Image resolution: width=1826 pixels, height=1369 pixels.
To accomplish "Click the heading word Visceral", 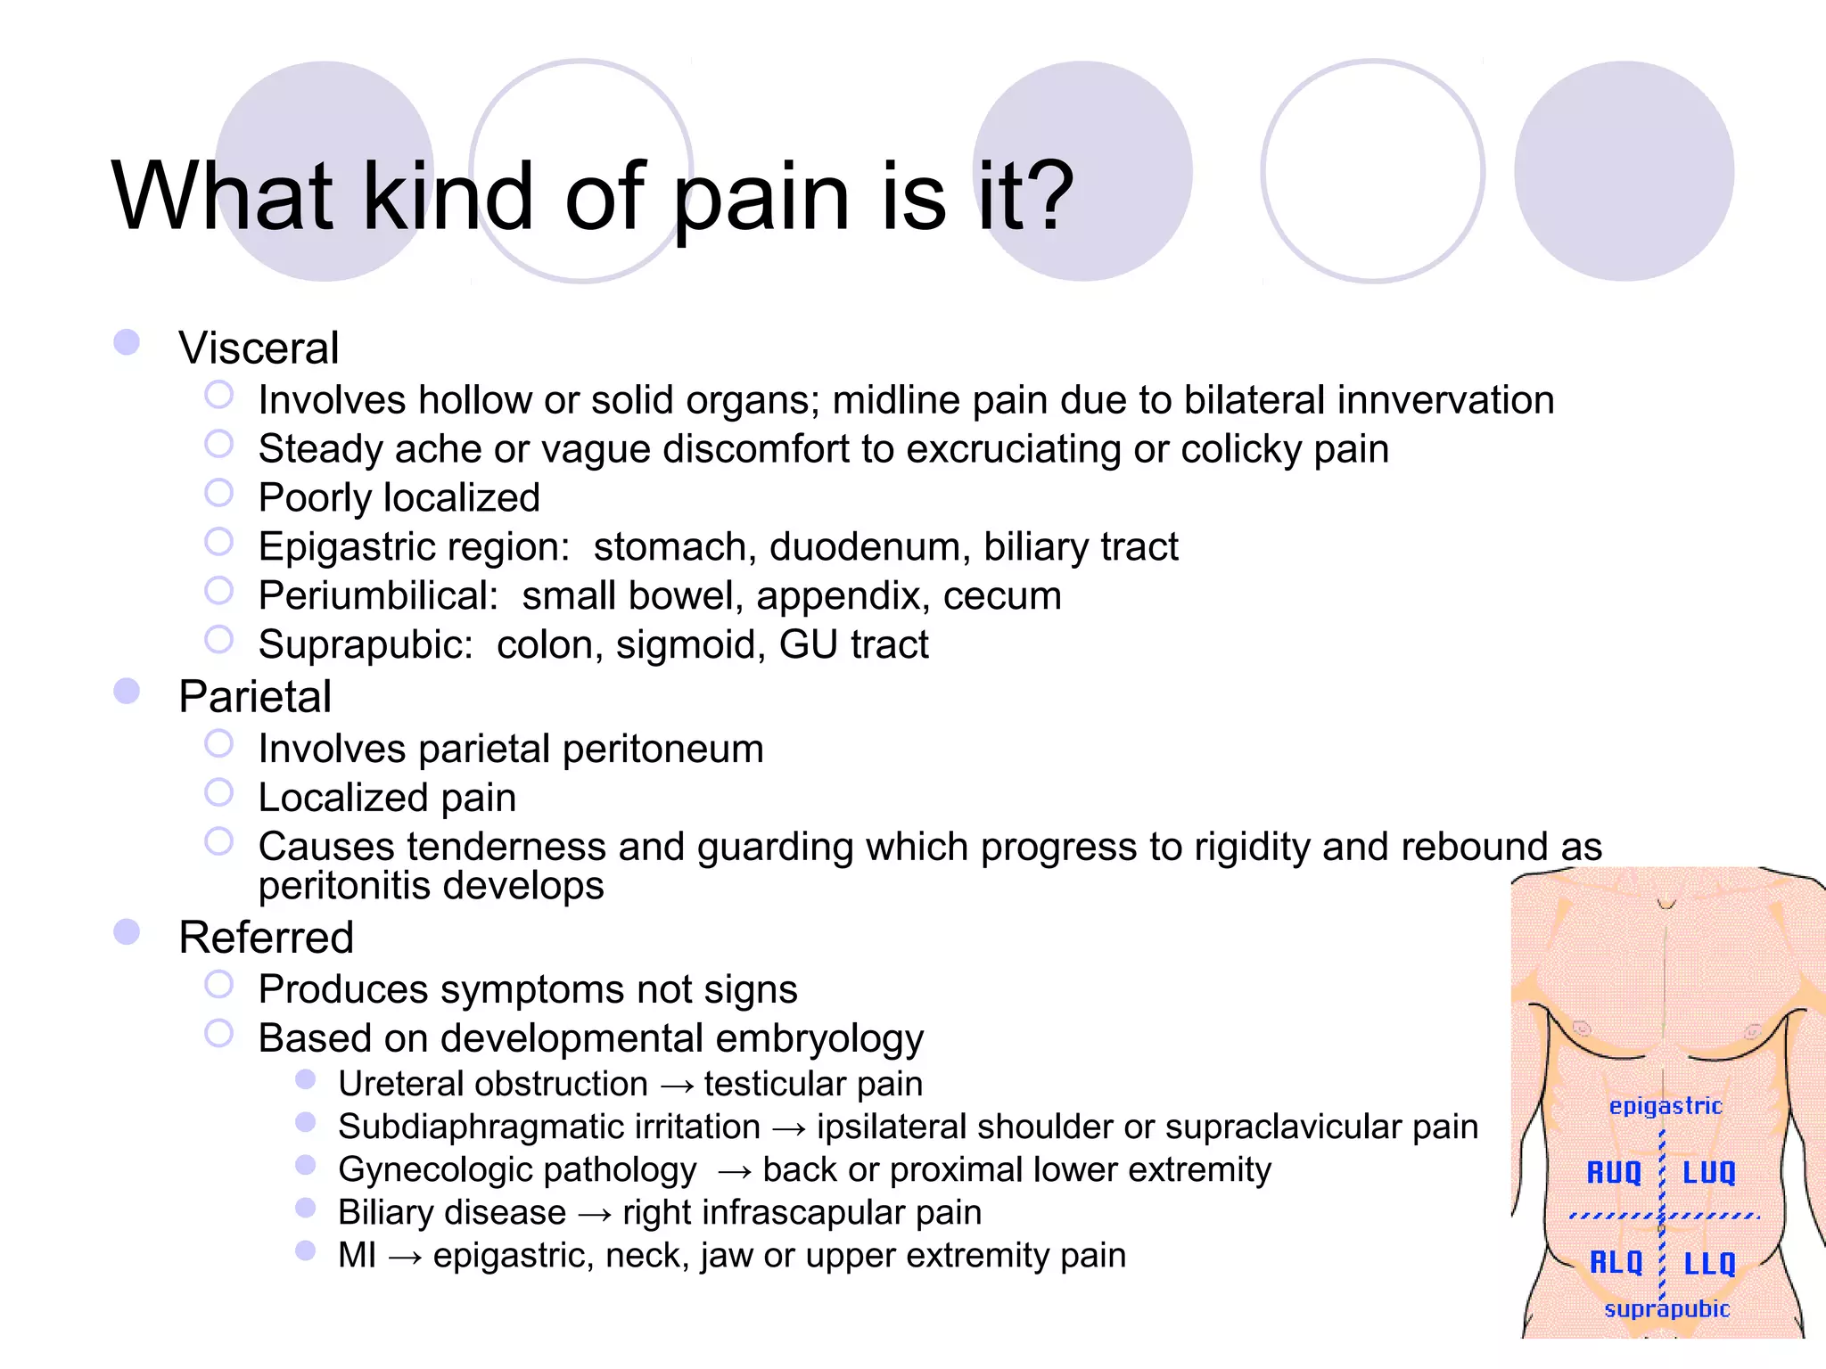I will (x=259, y=348).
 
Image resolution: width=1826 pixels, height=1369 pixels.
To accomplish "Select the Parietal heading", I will (x=255, y=696).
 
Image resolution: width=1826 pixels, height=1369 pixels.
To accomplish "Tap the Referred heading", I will (x=266, y=938).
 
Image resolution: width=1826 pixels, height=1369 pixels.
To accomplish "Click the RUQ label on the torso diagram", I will (x=1614, y=1172).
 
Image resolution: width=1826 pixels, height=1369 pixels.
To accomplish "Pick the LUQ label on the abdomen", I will (x=1709, y=1172).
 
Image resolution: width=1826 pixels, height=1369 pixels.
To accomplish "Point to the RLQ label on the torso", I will (x=1616, y=1262).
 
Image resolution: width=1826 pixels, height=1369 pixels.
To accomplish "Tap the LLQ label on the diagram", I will (x=1710, y=1263).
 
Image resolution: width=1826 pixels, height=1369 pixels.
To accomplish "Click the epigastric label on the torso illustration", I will (x=1666, y=1106).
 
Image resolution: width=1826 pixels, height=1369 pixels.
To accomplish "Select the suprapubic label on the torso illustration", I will (x=1666, y=1308).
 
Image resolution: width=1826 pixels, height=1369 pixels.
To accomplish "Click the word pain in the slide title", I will (x=761, y=198).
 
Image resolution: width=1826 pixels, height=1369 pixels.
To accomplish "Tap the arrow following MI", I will (x=405, y=1257).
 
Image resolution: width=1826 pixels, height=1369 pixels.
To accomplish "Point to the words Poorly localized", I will (x=399, y=497).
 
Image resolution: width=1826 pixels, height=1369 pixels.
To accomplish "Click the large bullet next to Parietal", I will (x=127, y=691).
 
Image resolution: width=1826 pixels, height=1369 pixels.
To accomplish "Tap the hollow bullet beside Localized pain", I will (x=218, y=792).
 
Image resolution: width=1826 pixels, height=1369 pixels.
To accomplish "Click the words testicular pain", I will (x=813, y=1084).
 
